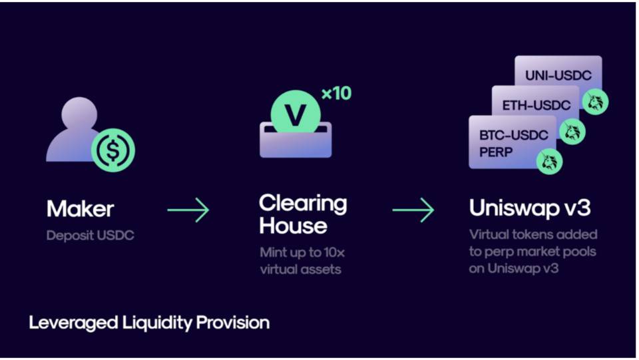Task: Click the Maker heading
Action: (80, 209)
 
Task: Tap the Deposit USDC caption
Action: (90, 236)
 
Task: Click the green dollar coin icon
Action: (113, 150)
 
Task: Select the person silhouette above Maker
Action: (75, 130)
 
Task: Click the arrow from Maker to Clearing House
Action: (188, 211)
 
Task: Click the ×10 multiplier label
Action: (336, 94)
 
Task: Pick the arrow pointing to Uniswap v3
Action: (413, 211)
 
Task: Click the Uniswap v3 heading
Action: (529, 208)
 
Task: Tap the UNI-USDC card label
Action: (558, 76)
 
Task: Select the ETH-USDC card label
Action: (536, 105)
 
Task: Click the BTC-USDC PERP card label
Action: (513, 142)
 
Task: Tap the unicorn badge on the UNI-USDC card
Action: (594, 101)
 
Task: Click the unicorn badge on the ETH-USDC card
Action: (572, 131)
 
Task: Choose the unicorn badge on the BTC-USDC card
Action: (549, 160)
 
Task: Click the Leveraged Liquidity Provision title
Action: (149, 323)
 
